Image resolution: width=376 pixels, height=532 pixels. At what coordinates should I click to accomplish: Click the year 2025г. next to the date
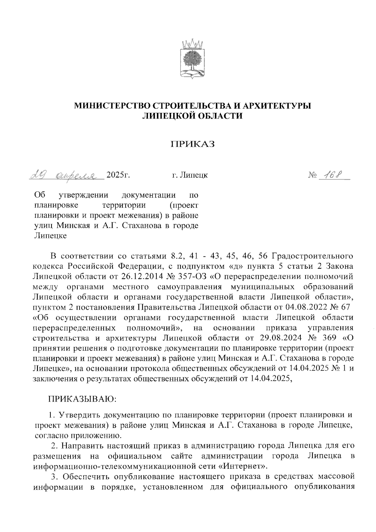click(118, 175)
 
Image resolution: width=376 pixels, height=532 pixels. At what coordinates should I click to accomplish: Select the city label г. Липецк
click(190, 175)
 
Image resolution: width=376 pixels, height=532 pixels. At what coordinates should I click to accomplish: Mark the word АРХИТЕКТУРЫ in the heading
click(274, 106)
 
